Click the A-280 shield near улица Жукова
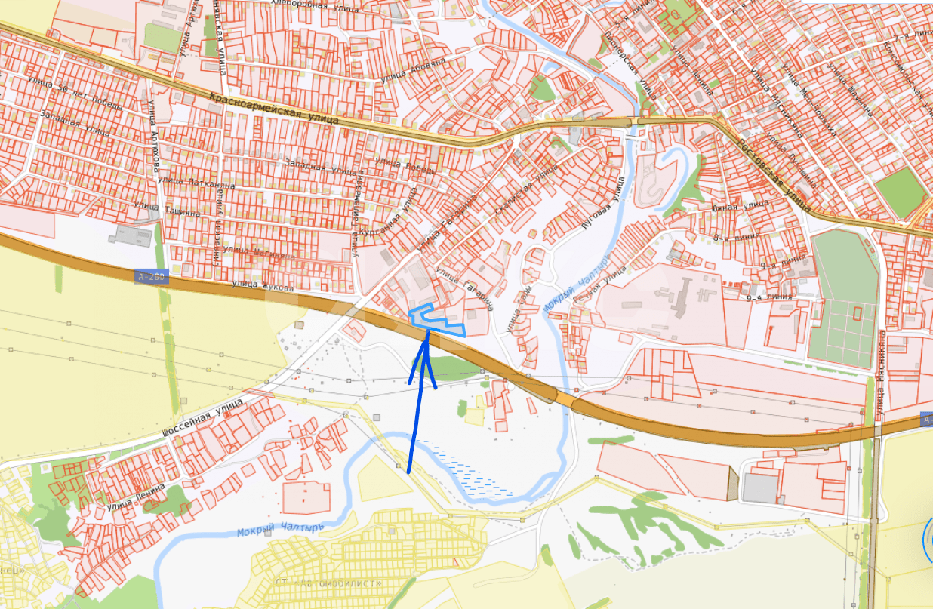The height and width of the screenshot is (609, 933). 150,278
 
